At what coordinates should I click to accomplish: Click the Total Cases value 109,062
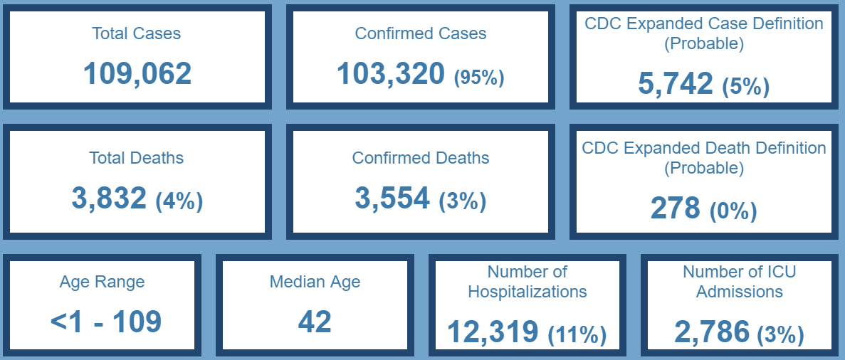click(x=137, y=74)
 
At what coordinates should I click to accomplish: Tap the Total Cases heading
click(x=136, y=33)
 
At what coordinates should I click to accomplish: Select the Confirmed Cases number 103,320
click(x=391, y=74)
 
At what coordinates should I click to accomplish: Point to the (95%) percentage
click(x=479, y=77)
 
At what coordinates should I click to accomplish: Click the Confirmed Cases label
click(x=421, y=33)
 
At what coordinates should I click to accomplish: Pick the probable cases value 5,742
click(x=676, y=84)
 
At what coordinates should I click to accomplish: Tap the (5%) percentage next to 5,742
click(x=745, y=87)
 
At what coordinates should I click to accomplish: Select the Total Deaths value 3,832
click(x=109, y=198)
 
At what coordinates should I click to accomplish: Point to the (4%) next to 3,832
click(x=179, y=201)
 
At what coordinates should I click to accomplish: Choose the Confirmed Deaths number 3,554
click(x=392, y=198)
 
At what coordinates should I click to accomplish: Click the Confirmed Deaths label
click(x=421, y=158)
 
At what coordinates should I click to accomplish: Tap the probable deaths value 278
click(x=676, y=208)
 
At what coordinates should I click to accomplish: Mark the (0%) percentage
click(x=733, y=211)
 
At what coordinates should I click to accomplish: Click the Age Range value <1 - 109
click(x=106, y=322)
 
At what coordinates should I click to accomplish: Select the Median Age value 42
click(x=315, y=322)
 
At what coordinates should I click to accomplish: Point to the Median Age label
click(x=315, y=282)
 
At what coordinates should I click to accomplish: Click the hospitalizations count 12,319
click(x=493, y=332)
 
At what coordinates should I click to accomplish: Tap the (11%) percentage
click(x=577, y=334)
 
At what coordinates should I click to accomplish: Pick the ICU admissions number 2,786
click(x=712, y=332)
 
